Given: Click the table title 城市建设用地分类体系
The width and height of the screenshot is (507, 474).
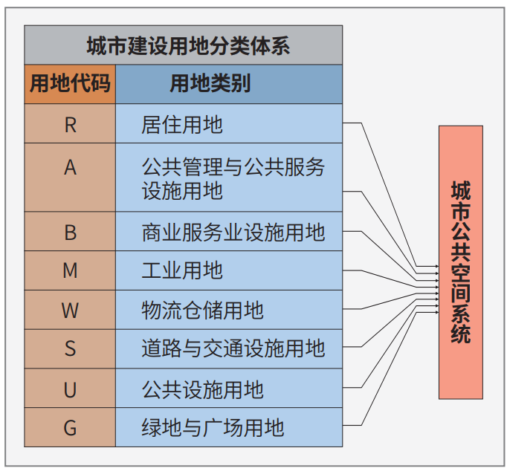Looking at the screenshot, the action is (x=188, y=46).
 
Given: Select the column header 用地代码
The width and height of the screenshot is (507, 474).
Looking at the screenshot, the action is (x=70, y=83).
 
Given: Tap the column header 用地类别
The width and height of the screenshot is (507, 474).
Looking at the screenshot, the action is (x=210, y=83).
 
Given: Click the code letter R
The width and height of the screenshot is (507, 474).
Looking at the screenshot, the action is (x=71, y=125).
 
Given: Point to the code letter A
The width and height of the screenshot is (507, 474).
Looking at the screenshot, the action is (x=71, y=168).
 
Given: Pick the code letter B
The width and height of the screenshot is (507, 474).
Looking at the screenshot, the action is (x=71, y=233).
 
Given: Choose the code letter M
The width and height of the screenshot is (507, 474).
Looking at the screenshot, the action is (x=71, y=270).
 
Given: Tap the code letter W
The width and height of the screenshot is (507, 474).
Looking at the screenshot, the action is (x=70, y=311).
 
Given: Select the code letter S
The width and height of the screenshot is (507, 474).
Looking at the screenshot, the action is (x=71, y=348).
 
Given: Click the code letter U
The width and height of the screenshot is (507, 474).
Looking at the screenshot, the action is (x=70, y=390).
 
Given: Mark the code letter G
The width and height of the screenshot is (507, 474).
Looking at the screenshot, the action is (x=70, y=428).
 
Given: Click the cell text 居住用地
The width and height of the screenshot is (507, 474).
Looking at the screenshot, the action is (x=182, y=125).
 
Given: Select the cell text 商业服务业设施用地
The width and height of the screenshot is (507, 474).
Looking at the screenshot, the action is (x=233, y=233).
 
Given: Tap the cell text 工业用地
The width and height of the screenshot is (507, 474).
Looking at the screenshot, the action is (x=182, y=270).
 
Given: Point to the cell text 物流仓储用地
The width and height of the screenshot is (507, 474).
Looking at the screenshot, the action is (x=203, y=311).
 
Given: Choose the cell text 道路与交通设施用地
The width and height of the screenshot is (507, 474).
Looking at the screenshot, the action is (x=233, y=348).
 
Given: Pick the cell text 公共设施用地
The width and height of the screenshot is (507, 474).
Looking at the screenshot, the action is (x=203, y=389).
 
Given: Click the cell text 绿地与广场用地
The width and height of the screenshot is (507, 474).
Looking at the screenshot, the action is (x=213, y=428).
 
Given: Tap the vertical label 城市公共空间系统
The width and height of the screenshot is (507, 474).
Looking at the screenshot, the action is (x=461, y=262).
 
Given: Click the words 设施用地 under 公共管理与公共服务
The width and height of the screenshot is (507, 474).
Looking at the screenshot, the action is (x=182, y=191).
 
